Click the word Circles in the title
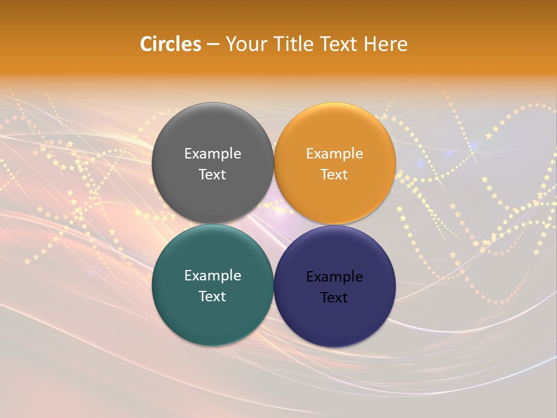[x=171, y=44]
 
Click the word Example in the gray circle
[x=212, y=154]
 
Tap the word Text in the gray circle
[x=212, y=175]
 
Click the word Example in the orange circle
[x=335, y=154]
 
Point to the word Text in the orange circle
[x=335, y=175]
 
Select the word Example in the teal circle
[x=212, y=276]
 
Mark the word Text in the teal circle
[x=212, y=297]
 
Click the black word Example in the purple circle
[x=335, y=277]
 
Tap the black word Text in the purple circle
[x=334, y=298]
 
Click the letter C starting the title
[x=146, y=44]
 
